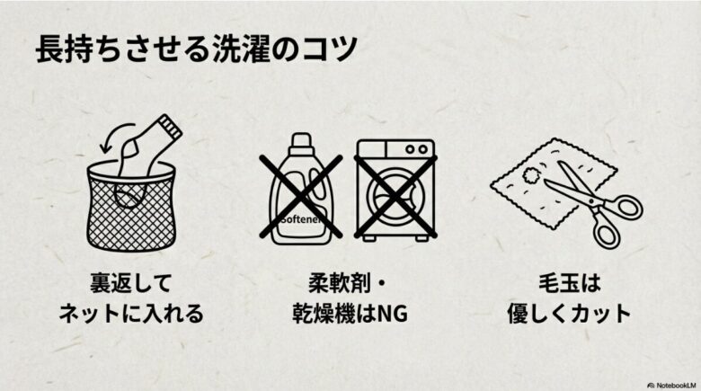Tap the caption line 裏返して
131,285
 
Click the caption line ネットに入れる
131,315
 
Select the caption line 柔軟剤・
345,285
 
